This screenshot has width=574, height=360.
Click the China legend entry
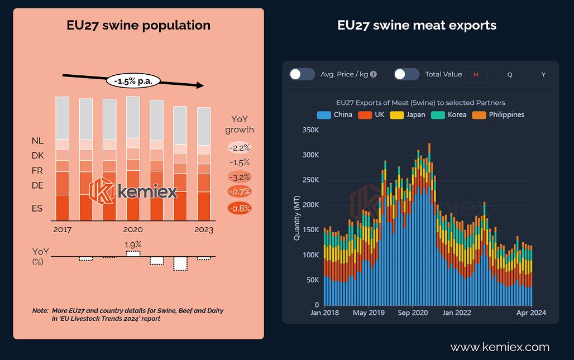(x=335, y=114)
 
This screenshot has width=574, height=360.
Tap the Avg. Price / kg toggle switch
(x=302, y=74)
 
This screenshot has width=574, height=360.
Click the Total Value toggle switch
(x=406, y=74)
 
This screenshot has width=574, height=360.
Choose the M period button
(x=476, y=74)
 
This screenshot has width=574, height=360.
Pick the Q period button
(x=509, y=74)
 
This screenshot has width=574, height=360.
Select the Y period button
(x=543, y=74)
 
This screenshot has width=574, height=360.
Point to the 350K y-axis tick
(x=309, y=130)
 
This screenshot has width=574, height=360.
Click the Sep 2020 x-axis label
(x=413, y=313)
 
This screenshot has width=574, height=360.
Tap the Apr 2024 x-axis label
(x=530, y=313)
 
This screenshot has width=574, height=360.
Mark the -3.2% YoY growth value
(x=240, y=177)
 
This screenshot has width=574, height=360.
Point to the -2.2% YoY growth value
(x=240, y=148)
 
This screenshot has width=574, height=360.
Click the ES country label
(x=37, y=208)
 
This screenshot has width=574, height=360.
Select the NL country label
(x=37, y=141)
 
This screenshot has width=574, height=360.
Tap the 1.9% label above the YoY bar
(x=132, y=244)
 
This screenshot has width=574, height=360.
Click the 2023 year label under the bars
(x=204, y=229)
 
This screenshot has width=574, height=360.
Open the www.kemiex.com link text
(x=500, y=347)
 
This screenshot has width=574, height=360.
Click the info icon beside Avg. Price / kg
(x=374, y=74)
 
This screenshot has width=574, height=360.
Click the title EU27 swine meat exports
(x=417, y=25)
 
